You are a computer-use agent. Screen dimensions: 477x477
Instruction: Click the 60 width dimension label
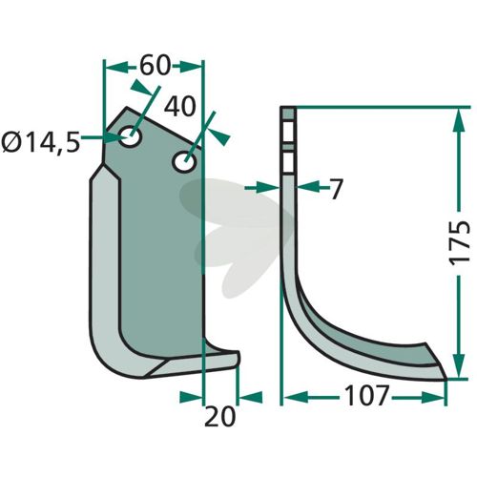coord(155,66)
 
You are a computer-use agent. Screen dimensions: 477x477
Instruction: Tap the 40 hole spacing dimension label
coord(179,107)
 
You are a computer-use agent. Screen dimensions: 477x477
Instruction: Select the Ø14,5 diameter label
coord(40,142)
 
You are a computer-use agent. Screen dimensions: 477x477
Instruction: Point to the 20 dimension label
coord(219,417)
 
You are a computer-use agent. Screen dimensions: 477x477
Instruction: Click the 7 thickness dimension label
coord(336,189)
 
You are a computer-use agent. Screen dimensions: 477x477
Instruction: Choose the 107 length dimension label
coord(366,396)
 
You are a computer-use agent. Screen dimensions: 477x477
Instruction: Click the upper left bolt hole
coord(130,136)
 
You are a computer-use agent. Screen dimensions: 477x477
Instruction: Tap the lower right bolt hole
coord(184,162)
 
